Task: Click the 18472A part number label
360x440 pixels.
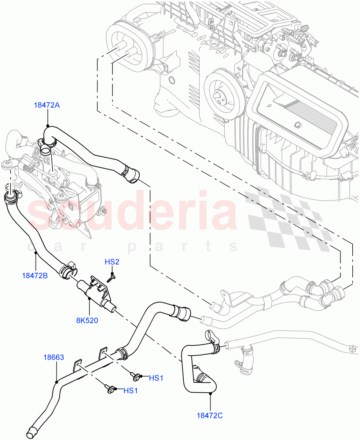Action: [x=47, y=105]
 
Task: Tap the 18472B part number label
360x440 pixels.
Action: [x=34, y=275]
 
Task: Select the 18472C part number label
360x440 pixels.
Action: [x=210, y=415]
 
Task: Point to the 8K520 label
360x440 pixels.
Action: [x=87, y=320]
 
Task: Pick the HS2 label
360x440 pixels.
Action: [x=112, y=262]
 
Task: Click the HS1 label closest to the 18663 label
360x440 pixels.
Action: [x=131, y=390]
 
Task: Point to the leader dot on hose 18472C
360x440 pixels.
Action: [x=210, y=394]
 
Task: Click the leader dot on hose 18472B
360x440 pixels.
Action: [x=36, y=253]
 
